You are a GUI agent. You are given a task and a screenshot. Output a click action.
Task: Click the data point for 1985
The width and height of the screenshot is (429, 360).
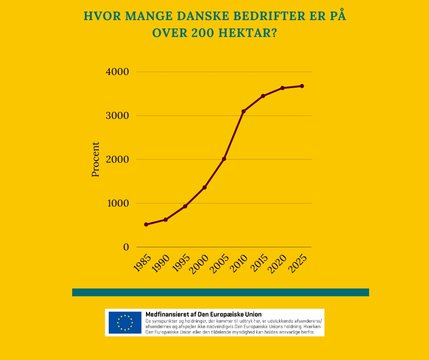(146, 224)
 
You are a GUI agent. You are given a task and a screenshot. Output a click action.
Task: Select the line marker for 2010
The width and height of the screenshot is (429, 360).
(244, 111)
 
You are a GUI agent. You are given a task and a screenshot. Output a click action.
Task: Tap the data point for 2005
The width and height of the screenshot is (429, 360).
(224, 159)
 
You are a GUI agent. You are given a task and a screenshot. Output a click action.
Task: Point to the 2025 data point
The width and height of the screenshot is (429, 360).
(302, 86)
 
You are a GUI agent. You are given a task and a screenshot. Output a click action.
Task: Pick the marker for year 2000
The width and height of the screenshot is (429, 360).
(205, 187)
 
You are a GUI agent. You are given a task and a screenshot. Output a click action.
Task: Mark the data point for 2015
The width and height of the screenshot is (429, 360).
(263, 96)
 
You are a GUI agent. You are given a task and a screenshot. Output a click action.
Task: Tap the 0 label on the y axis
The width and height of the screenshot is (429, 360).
(126, 247)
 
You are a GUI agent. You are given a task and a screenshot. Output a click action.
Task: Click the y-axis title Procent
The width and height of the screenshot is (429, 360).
(95, 159)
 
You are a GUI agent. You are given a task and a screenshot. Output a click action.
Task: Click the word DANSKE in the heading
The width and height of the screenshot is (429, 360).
(201, 17)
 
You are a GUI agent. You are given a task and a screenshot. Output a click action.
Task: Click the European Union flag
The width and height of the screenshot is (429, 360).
(125, 323)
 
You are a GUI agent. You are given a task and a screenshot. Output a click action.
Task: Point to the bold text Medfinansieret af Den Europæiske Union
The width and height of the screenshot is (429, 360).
(203, 314)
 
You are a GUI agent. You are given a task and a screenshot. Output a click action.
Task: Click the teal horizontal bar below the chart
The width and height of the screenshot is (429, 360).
(220, 292)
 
